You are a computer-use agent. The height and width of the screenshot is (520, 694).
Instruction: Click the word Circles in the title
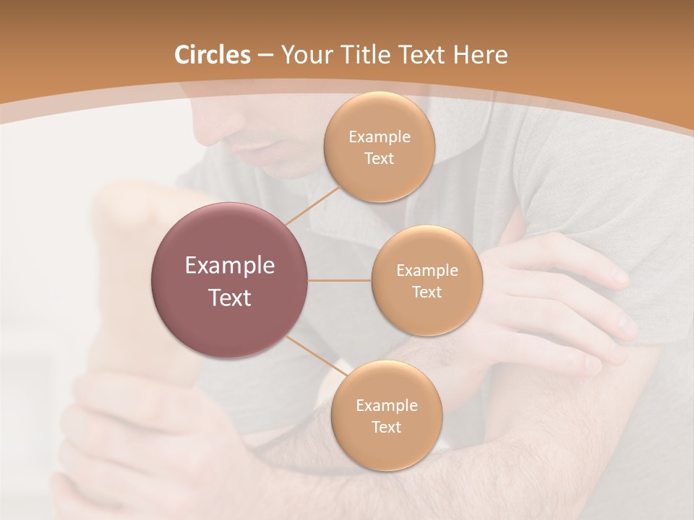[212, 55]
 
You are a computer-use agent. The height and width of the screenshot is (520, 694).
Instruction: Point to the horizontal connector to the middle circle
[340, 280]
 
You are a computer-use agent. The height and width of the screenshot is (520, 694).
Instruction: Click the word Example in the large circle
[230, 266]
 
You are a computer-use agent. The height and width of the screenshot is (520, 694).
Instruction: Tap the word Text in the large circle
[230, 297]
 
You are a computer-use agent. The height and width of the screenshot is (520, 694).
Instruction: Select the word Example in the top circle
[380, 137]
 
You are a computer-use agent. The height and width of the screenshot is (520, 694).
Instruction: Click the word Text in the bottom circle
[386, 427]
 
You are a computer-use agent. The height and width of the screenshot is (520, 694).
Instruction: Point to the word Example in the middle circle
[427, 271]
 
